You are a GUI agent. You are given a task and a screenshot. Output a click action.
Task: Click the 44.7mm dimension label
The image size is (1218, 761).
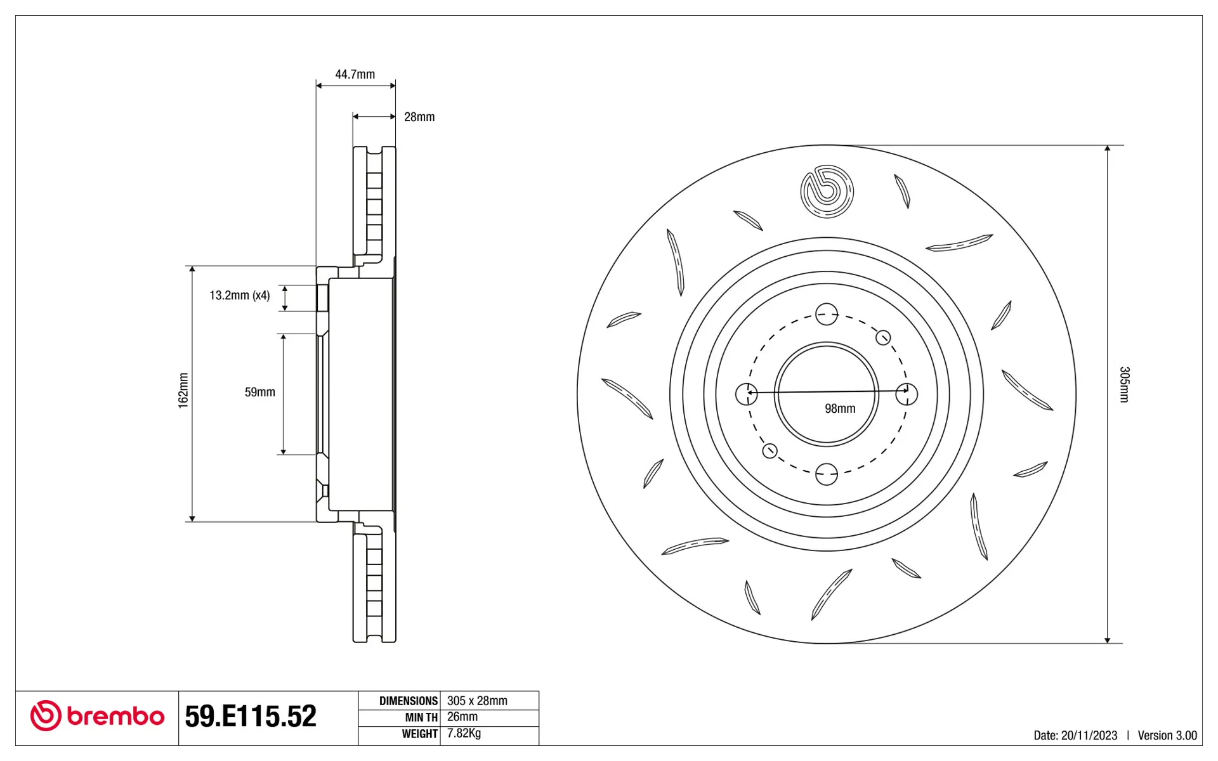tap(355, 74)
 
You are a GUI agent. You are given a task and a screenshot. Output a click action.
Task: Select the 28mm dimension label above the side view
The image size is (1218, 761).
tap(419, 117)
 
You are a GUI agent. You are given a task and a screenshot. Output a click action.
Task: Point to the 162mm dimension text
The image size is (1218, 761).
tap(183, 391)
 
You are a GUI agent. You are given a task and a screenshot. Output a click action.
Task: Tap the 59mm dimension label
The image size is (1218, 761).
tap(260, 392)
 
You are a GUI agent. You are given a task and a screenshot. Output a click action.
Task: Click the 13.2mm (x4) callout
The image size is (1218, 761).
tap(240, 295)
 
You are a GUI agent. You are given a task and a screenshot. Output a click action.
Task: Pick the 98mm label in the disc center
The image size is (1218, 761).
tap(840, 408)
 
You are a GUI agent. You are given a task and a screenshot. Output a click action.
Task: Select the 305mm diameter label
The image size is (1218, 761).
tap(1124, 384)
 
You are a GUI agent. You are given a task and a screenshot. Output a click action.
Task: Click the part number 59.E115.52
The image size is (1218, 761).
tap(251, 716)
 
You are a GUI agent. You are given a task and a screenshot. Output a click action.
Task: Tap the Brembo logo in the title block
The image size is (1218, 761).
tap(97, 716)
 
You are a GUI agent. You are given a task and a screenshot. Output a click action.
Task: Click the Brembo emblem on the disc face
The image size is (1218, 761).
tap(827, 192)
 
